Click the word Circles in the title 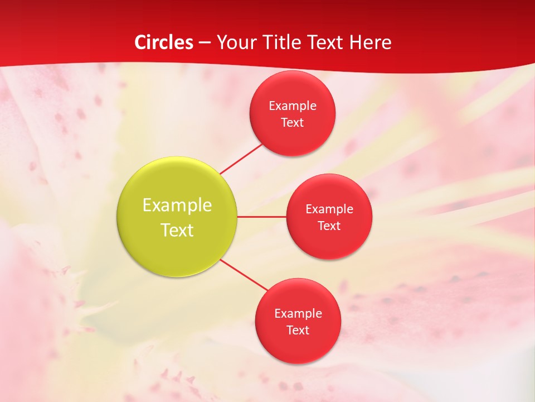(164, 42)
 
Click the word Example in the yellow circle (177, 205)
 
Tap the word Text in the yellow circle (177, 230)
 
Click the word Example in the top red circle (293, 106)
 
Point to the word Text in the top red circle (293, 122)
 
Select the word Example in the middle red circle (329, 209)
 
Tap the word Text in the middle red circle (329, 226)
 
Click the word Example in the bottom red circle (298, 313)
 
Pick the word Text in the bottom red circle (298, 330)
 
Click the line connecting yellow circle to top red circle (241, 159)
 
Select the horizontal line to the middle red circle (262, 217)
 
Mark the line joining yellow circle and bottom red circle (244, 275)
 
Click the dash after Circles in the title (205, 43)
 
